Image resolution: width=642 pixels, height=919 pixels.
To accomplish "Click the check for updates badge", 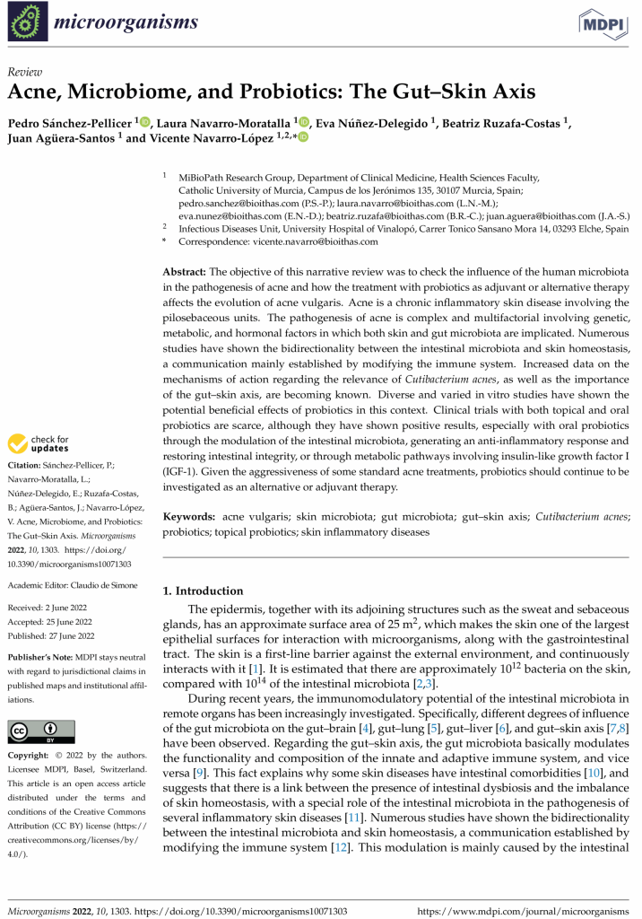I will [39, 443].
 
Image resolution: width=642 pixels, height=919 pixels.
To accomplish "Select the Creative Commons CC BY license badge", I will [41, 731].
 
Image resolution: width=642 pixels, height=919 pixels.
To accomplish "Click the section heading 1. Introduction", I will [203, 591].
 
